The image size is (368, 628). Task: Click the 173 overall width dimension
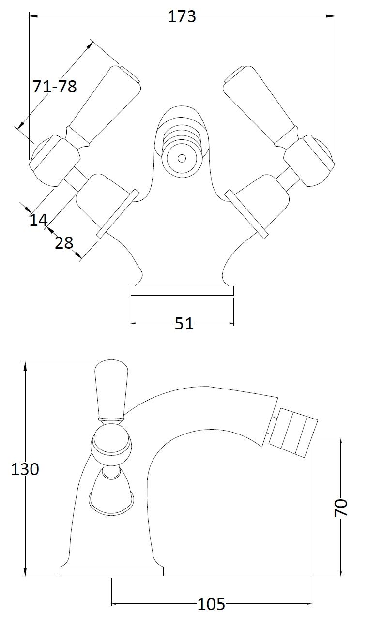click(x=182, y=16)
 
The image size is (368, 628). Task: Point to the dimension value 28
click(x=64, y=242)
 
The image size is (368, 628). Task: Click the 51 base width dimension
click(x=184, y=323)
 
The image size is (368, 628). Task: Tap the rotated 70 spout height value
click(x=341, y=507)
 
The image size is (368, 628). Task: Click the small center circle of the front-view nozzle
click(x=182, y=158)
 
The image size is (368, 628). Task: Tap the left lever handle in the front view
click(x=103, y=106)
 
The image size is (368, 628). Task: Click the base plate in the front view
click(x=183, y=291)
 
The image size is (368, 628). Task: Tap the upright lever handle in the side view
click(x=111, y=389)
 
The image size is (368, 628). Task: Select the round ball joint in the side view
click(x=111, y=442)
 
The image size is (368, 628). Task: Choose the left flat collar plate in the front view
click(x=118, y=214)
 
